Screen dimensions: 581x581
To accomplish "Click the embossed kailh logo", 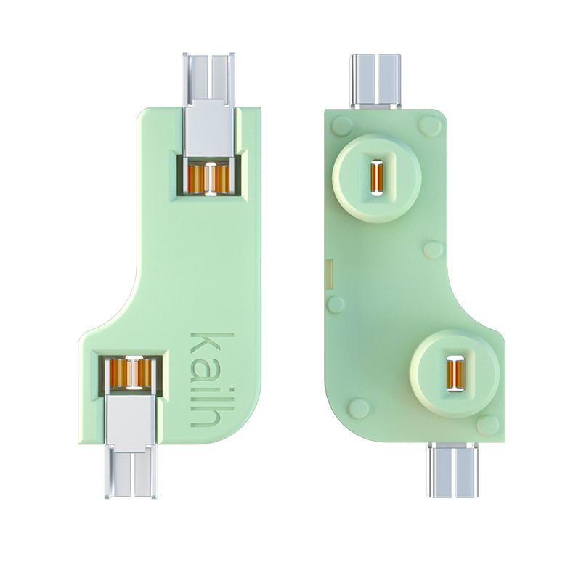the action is point(212,379).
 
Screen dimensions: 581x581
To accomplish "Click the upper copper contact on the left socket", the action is point(209,179).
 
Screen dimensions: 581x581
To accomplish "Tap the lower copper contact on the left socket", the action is point(130,373).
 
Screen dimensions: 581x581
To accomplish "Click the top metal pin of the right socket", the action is point(375,82).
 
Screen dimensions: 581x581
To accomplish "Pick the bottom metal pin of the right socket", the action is point(452,469).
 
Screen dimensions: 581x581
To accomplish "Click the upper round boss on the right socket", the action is point(376,178).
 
